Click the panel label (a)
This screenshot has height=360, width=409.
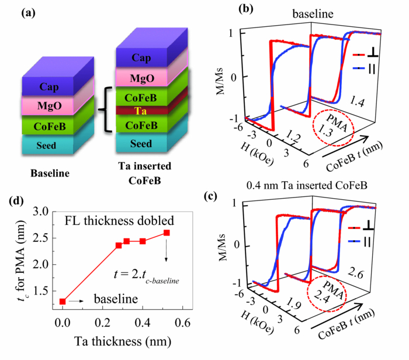(x=31, y=12)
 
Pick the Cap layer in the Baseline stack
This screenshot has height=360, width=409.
(x=51, y=86)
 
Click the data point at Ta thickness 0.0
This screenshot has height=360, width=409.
(x=63, y=302)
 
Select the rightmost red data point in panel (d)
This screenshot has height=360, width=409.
(x=167, y=233)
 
